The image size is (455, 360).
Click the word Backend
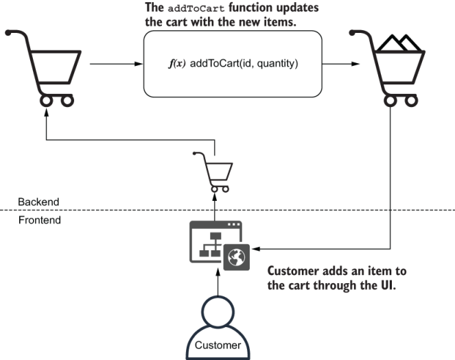pos(38,202)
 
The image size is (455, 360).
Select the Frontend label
pos(39,221)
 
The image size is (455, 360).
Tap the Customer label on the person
pos(218,345)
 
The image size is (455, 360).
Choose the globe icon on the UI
pos(235,256)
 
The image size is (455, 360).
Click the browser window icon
pos(213,240)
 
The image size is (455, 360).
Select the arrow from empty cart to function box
pos(113,65)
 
